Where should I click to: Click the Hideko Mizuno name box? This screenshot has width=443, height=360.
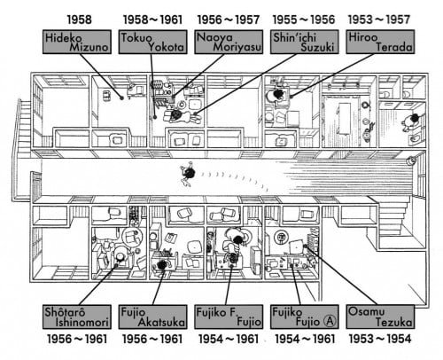pyautogui.click(x=77, y=42)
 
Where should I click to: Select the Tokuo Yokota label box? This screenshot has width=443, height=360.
pyautogui.click(x=152, y=42)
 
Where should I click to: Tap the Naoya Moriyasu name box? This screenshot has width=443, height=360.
pyautogui.click(x=229, y=42)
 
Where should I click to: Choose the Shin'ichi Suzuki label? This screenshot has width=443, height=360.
pyautogui.click(x=305, y=42)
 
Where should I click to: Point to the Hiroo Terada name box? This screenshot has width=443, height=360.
pyautogui.click(x=380, y=42)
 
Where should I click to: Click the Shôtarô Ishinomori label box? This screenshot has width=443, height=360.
pyautogui.click(x=77, y=317)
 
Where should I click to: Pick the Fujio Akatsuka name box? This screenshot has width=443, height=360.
pyautogui.click(x=152, y=317)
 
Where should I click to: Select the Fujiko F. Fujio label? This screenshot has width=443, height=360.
pyautogui.click(x=229, y=317)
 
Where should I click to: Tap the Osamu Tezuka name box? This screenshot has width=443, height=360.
pyautogui.click(x=380, y=317)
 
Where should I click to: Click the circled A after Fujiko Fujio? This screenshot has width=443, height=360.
pyautogui.click(x=330, y=321)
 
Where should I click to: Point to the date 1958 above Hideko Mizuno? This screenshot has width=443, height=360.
pyautogui.click(x=80, y=20)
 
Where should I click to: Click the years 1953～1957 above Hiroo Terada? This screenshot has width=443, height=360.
pyautogui.click(x=379, y=20)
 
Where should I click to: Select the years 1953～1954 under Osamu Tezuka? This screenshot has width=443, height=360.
pyautogui.click(x=380, y=339)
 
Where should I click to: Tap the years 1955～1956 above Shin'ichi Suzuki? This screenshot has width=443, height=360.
pyautogui.click(x=304, y=20)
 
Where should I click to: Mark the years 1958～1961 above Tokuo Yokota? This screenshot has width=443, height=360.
pyautogui.click(x=152, y=20)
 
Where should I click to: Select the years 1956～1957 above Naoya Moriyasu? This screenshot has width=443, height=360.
pyautogui.click(x=229, y=20)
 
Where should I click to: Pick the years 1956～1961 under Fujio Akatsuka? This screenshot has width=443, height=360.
pyautogui.click(x=152, y=339)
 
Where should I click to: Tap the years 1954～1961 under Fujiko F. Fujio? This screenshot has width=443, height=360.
pyautogui.click(x=229, y=339)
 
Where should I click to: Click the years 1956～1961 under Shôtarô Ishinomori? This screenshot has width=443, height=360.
pyautogui.click(x=77, y=339)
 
